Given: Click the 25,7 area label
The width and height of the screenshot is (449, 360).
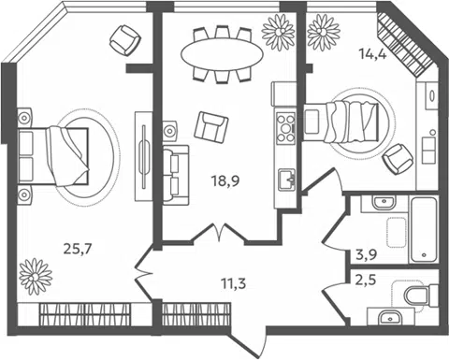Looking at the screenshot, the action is point(78,249).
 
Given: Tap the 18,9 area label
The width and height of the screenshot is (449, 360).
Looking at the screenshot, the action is point(225,180).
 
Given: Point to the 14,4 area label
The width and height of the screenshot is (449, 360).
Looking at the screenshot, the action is point(373,55).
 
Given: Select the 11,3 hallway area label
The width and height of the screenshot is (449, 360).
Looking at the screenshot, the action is point(234,283).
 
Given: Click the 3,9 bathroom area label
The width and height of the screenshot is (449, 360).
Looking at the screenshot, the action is point(367,254).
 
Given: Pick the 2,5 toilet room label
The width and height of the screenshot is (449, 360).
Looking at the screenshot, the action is point(366,280).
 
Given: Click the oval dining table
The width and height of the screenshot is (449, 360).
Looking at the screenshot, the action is point(222,54).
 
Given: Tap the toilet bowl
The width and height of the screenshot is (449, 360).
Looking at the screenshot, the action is point(421,295).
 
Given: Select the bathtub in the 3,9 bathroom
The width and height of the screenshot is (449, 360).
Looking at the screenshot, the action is point(424,230).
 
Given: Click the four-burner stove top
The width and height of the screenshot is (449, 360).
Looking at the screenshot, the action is point(285,128).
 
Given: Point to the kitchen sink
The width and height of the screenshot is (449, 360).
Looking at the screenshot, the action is point(287,179).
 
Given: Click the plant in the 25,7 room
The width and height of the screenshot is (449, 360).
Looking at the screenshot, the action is point(36,277).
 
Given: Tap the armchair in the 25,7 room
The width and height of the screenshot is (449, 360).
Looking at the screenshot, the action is point(125,40).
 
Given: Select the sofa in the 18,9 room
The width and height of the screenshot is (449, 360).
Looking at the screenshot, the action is point(176,175).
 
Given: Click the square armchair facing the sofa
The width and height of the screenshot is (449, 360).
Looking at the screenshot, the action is point(211,126).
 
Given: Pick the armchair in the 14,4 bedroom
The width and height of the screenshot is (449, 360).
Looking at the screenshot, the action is point(398,159).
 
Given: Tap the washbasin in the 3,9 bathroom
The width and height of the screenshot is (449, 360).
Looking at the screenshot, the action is point(384,203).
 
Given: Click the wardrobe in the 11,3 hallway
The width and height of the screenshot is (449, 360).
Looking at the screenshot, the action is point(196,314).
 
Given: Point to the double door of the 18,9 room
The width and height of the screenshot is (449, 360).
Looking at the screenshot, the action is point(220,233).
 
